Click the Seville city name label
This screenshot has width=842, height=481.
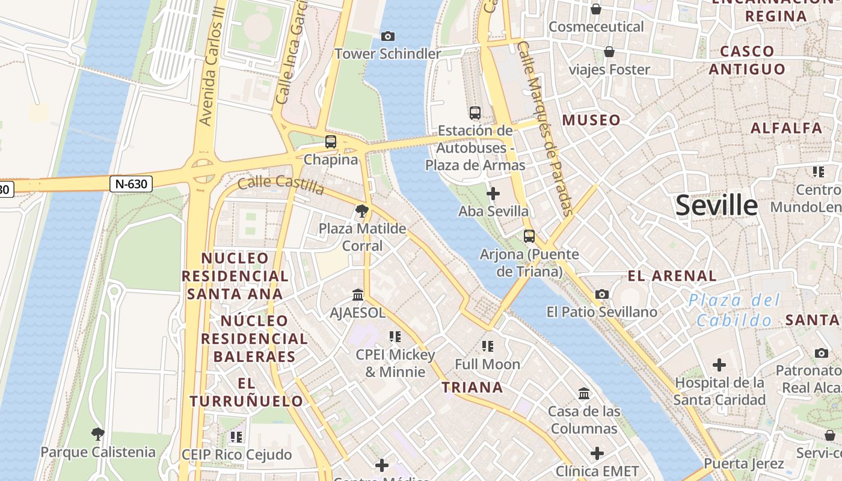click(716, 206)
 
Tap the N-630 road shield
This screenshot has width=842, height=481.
click(131, 184)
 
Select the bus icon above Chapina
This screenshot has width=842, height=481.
click(330, 142)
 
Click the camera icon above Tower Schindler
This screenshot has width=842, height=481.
click(388, 37)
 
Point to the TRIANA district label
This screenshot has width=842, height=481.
click(472, 387)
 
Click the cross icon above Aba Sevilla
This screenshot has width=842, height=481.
click(493, 194)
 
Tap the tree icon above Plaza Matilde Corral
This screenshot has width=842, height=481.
click(361, 210)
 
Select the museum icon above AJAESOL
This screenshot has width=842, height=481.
click(358, 295)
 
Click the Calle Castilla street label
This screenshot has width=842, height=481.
click(281, 185)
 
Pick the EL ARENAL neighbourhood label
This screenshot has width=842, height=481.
click(672, 276)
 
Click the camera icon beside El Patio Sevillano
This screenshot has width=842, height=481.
click(601, 294)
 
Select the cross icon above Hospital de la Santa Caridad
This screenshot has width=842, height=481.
click(719, 365)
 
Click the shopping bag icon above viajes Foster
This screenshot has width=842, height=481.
click(609, 52)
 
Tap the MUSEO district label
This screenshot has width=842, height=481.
click(591, 120)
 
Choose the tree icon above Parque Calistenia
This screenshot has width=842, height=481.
click(97, 434)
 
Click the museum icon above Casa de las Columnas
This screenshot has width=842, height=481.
click(583, 394)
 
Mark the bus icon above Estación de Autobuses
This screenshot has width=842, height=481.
click(475, 112)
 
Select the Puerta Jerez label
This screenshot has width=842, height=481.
click(743, 464)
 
